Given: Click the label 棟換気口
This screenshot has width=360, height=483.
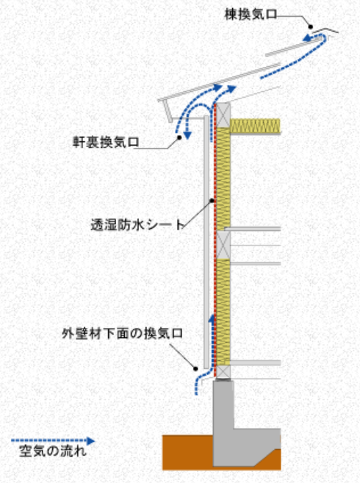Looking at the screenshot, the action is [x=251, y=15].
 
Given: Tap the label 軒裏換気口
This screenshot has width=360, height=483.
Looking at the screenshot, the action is [x=106, y=142].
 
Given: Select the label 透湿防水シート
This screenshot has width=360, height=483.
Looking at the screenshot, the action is [x=137, y=224].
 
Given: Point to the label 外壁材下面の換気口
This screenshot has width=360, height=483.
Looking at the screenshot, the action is [x=123, y=333].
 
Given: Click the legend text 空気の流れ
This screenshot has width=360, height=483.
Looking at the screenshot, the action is [x=53, y=451].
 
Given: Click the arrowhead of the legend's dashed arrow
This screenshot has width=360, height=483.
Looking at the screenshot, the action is [x=90, y=441].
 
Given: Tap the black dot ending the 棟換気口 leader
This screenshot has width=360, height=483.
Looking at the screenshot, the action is [x=311, y=27].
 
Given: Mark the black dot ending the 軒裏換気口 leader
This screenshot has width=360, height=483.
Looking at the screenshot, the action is [x=179, y=137].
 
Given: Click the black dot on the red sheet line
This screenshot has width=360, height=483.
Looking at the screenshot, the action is [x=212, y=201].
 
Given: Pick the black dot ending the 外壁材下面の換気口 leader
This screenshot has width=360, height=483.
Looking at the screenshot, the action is [x=195, y=368].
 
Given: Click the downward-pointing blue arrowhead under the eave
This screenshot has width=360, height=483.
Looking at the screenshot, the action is [x=187, y=135].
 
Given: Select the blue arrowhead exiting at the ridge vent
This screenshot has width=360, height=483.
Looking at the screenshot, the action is [x=306, y=38].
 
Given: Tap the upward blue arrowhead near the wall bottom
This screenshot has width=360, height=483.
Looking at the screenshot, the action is [x=212, y=318].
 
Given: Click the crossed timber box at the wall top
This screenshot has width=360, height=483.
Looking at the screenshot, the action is [x=223, y=115].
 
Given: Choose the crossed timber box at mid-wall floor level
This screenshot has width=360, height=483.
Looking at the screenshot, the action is [x=223, y=246].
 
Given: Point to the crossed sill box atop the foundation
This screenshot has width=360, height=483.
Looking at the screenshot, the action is [x=223, y=372].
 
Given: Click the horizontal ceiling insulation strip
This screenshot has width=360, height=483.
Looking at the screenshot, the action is [x=255, y=126].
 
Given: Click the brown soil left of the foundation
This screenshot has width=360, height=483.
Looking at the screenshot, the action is [x=187, y=452].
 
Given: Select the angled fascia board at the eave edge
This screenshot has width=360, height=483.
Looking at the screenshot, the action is [x=168, y=112].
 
